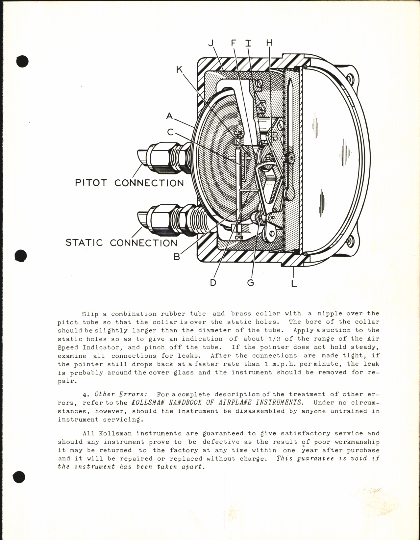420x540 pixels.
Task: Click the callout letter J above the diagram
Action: tap(211, 43)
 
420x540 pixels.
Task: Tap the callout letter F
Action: tap(234, 43)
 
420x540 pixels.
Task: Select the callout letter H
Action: tap(269, 43)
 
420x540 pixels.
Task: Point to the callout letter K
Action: tap(180, 69)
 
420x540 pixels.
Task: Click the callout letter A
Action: tap(169, 116)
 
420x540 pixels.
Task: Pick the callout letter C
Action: tap(170, 132)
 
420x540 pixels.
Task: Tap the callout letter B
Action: tap(177, 257)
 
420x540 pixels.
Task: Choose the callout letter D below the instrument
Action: tap(213, 282)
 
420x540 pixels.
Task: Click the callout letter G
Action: tap(251, 282)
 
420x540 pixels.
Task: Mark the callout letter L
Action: tap(294, 283)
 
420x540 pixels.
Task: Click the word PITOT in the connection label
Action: tap(91, 183)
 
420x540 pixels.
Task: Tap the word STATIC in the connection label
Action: tap(84, 243)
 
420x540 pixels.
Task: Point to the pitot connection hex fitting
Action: tap(159, 157)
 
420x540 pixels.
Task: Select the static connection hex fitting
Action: tap(160, 220)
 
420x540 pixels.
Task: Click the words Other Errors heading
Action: tap(121, 394)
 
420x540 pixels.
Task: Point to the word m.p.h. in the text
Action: tap(282, 364)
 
